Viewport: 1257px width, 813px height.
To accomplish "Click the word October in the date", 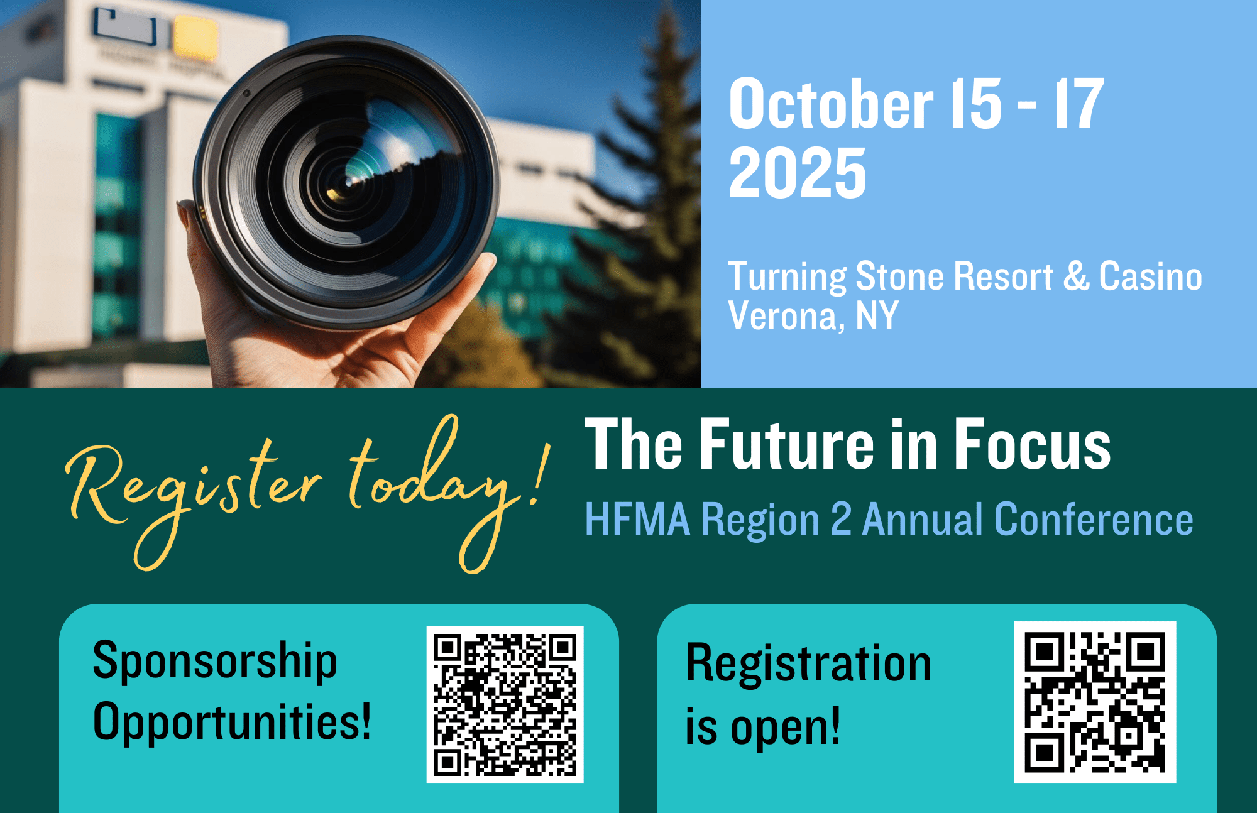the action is [831, 104].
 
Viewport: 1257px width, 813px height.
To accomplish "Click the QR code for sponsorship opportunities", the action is [505, 704].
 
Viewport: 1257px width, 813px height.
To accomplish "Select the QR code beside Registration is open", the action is [1095, 702].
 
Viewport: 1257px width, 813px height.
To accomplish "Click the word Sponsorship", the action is [215, 662].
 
